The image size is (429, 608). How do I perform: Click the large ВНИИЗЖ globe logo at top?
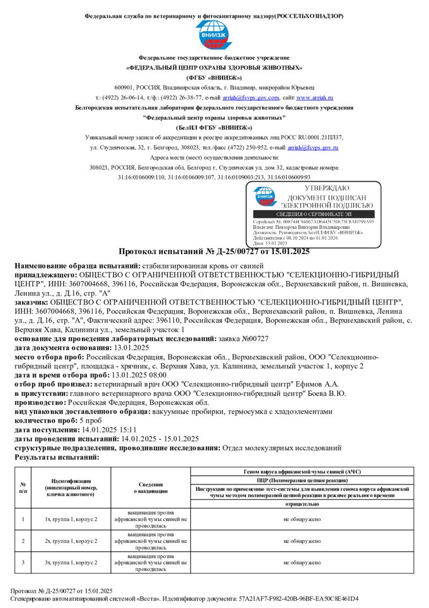pyautogui.click(x=214, y=34)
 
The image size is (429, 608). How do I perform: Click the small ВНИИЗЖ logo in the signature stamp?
pyautogui.click(x=264, y=196)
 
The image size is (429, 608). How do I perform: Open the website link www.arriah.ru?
pyautogui.click(x=314, y=98)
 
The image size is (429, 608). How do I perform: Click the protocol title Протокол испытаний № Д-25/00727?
pyautogui.click(x=214, y=251)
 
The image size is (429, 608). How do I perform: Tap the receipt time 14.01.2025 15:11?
pyautogui.click(x=108, y=430)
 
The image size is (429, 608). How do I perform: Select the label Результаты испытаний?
pyautogui.click(x=57, y=457)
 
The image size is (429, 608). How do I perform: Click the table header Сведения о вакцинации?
pyautogui.click(x=151, y=488)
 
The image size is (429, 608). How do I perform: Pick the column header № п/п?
pyautogui.click(x=23, y=488)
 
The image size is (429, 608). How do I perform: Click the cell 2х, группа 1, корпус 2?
pyautogui.click(x=71, y=541)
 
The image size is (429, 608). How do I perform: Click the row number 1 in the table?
pyautogui.click(x=23, y=519)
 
